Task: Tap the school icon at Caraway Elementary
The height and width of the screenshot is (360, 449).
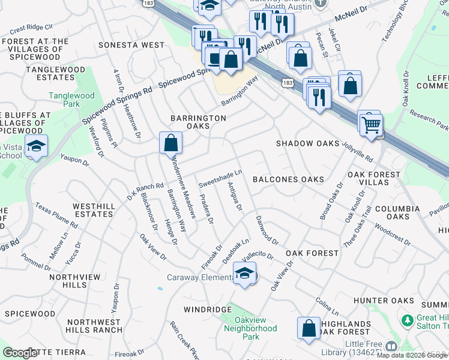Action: [245, 274]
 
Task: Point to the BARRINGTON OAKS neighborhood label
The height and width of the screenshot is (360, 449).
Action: [198, 122]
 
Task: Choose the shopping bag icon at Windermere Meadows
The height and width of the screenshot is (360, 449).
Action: [171, 143]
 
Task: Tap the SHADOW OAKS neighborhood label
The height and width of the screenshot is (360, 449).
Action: [307, 143]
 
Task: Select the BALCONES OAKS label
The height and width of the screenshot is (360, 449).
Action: [288, 179]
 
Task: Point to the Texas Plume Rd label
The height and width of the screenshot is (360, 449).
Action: [56, 215]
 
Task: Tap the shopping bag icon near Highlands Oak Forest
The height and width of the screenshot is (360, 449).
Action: [309, 328]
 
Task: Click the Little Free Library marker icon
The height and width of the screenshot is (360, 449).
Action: [391, 346]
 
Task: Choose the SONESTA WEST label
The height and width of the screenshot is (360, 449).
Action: [131, 45]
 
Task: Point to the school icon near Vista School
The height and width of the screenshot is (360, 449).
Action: [37, 146]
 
